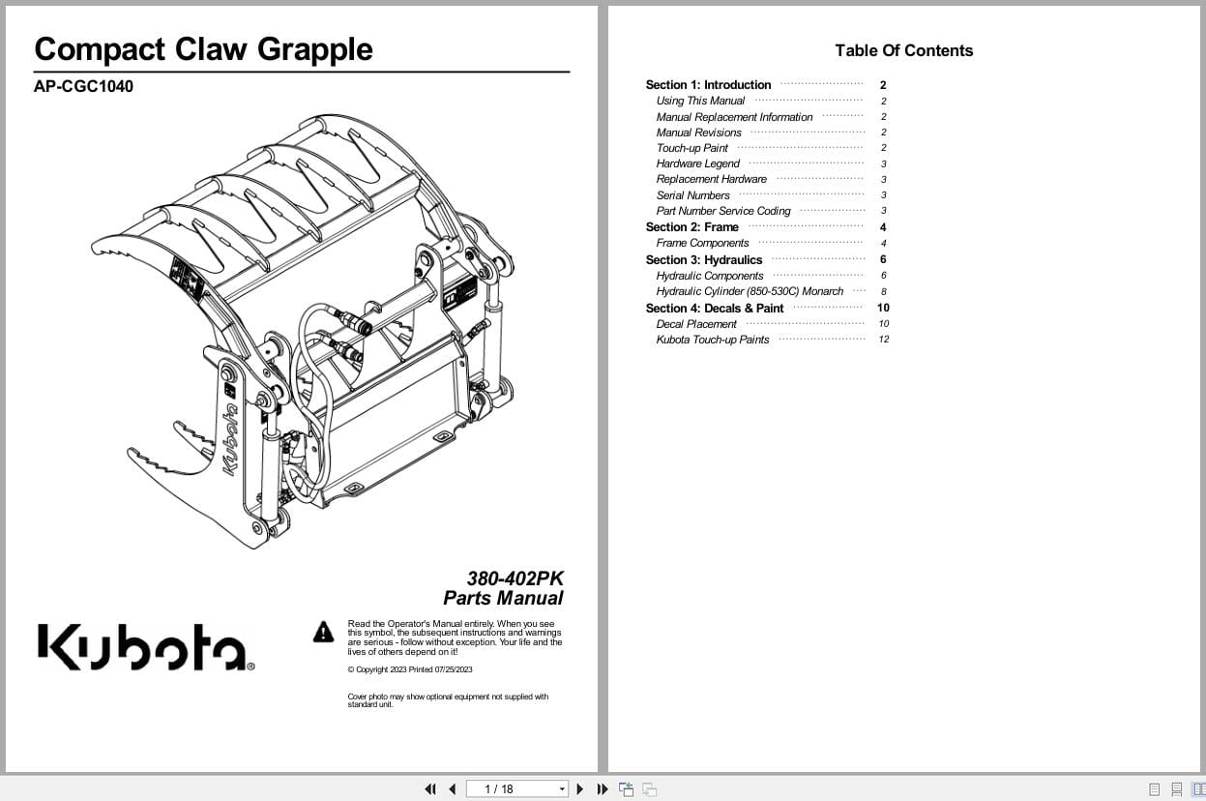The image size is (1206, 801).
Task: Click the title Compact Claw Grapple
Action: (x=203, y=49)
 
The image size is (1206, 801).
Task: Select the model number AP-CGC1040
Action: (x=83, y=86)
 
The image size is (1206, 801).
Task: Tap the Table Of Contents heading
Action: (x=903, y=50)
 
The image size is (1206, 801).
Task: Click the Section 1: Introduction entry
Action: (x=708, y=85)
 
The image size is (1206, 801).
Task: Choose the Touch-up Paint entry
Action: (x=691, y=148)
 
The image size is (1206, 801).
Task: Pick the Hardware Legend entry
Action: (x=697, y=163)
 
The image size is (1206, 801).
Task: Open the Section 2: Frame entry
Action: (x=691, y=227)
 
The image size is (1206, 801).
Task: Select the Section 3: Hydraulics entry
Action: (x=703, y=259)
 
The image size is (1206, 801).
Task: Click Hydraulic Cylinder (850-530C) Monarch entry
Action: (x=750, y=291)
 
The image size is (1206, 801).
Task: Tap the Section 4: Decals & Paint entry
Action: (x=714, y=308)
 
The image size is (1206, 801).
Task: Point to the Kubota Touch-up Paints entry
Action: (x=712, y=340)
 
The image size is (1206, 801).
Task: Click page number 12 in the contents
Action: (x=883, y=340)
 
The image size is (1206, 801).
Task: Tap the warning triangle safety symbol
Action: (x=323, y=633)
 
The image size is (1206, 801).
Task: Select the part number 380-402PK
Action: (x=515, y=578)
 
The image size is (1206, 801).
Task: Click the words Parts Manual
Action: (x=503, y=598)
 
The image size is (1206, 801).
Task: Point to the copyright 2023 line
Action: (x=410, y=669)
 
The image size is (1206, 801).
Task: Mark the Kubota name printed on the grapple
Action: (x=231, y=438)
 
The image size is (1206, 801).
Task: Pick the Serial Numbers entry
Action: (x=692, y=195)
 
